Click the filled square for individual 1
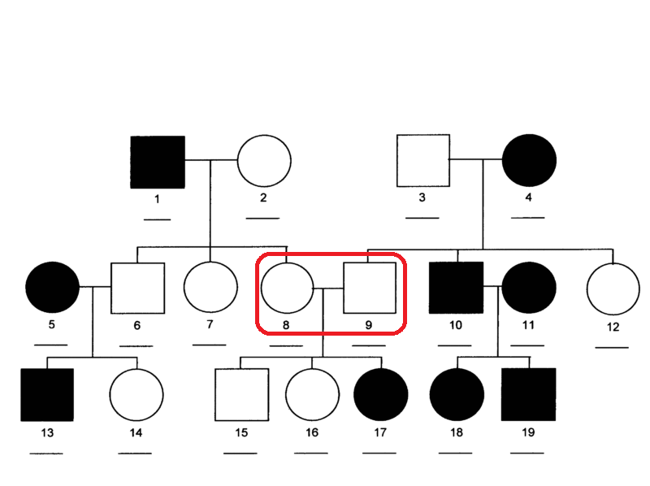click(158, 162)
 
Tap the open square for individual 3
click(422, 160)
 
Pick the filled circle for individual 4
click(529, 160)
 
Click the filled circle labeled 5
click(52, 289)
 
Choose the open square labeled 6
click(137, 289)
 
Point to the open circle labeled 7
click(210, 289)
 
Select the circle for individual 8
click(286, 289)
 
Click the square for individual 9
click(369, 289)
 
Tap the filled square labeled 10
click(456, 289)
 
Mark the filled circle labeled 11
click(529, 289)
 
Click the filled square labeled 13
click(46, 395)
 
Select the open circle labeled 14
click(136, 395)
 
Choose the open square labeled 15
click(241, 395)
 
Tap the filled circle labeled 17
click(380, 395)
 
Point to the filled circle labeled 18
click(456, 395)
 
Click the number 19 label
click(529, 432)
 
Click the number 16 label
click(311, 432)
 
